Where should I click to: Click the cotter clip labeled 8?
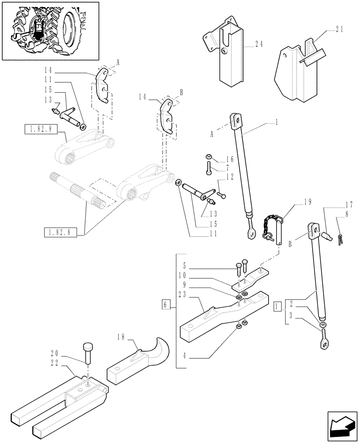click(x=340, y=240)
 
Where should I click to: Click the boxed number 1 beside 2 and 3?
click(x=278, y=305)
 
